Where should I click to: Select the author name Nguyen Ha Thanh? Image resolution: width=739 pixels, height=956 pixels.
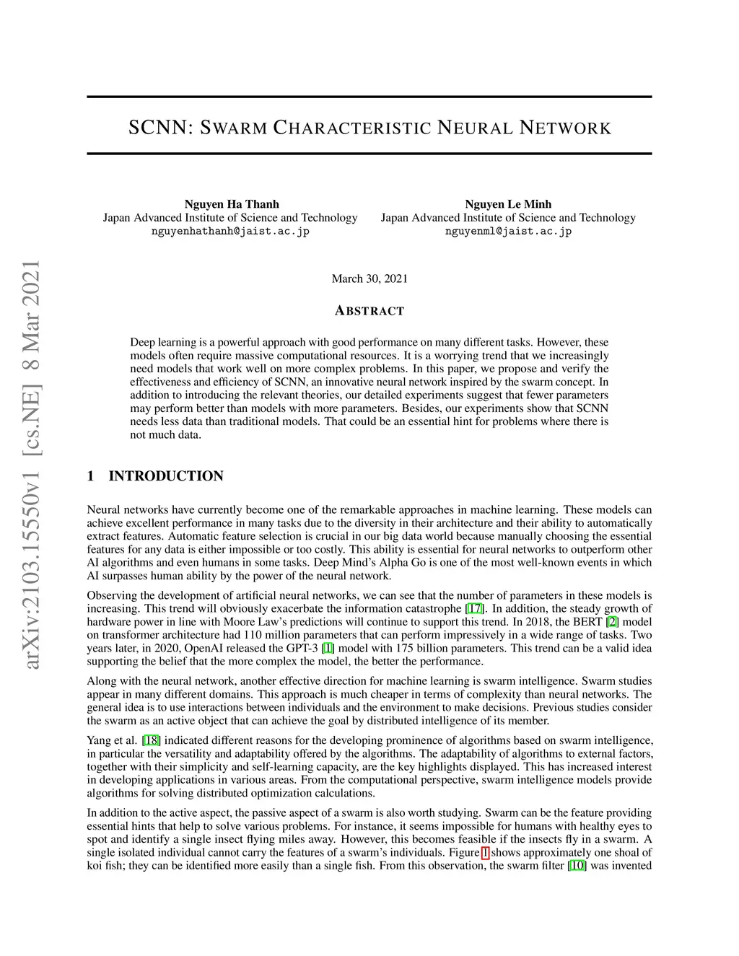[232, 204]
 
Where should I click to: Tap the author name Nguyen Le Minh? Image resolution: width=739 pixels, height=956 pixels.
[508, 204]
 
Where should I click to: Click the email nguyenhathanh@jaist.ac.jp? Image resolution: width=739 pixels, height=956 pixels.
[230, 232]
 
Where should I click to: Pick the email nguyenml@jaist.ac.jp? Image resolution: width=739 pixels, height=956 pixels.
[508, 232]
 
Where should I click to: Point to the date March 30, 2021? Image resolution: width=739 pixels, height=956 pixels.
[369, 279]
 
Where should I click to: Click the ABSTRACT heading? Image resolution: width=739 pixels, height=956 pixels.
[369, 311]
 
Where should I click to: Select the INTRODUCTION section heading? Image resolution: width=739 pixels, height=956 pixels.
[166, 476]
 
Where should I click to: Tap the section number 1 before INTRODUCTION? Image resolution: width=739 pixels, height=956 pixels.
[91, 476]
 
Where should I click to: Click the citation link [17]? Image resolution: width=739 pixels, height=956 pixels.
[474, 609]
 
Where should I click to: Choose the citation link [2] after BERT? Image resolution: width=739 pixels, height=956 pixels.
[612, 622]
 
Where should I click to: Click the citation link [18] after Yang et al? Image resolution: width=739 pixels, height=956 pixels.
[152, 740]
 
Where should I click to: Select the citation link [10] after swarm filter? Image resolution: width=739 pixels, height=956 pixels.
[577, 865]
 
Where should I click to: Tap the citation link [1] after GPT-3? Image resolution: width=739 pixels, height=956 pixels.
[328, 648]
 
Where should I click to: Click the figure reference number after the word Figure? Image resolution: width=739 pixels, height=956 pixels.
[485, 852]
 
